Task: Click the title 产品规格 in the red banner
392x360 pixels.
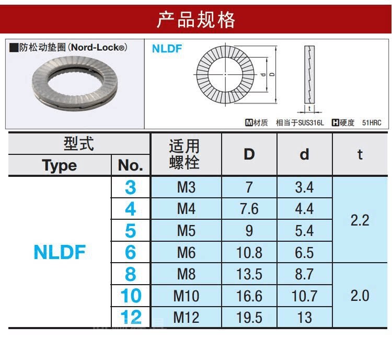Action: [x=196, y=20]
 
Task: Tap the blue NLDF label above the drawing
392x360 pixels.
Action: [x=167, y=49]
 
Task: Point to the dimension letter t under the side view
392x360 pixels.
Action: [x=310, y=109]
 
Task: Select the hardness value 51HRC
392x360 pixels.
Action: [x=372, y=122]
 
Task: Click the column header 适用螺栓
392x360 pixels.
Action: [x=185, y=154]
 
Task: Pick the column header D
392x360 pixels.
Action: [x=249, y=154]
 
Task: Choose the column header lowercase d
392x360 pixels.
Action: [x=304, y=154]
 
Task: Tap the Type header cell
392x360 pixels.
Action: [x=59, y=165]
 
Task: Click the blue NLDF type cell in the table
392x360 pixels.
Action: [x=59, y=252]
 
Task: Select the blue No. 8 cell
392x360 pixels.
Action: [x=130, y=274]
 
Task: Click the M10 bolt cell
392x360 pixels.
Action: [x=186, y=296]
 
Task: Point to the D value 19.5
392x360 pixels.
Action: [x=249, y=318]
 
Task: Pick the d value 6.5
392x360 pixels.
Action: [x=304, y=253]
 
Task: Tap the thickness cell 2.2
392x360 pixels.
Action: [x=360, y=220]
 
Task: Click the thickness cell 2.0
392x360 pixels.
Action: [x=360, y=296]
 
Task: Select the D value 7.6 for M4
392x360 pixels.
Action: [x=249, y=209]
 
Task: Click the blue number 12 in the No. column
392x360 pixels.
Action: [x=130, y=317]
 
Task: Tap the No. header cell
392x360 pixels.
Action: [x=130, y=165]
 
